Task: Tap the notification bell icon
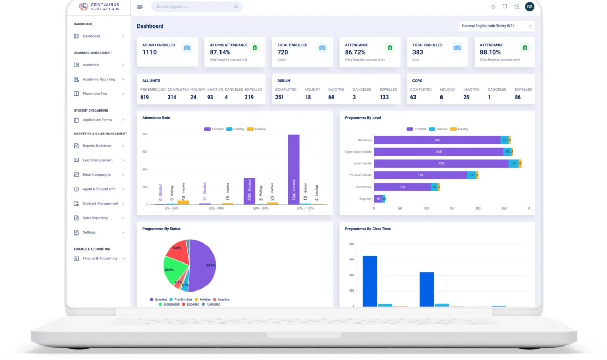(493, 7)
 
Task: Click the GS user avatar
(529, 7)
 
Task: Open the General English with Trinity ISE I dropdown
(496, 26)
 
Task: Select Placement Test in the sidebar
(95, 94)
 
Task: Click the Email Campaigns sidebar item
(96, 175)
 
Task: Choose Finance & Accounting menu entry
(100, 258)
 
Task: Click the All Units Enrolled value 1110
(149, 52)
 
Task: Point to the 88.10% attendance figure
(490, 52)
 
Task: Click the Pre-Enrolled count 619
(144, 97)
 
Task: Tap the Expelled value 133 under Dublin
(384, 97)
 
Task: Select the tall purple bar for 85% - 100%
(294, 169)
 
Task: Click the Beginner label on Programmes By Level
(365, 199)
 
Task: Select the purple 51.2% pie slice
(204, 265)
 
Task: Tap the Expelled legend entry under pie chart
(193, 304)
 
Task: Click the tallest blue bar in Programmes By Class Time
(369, 281)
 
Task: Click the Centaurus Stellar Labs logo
(99, 7)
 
